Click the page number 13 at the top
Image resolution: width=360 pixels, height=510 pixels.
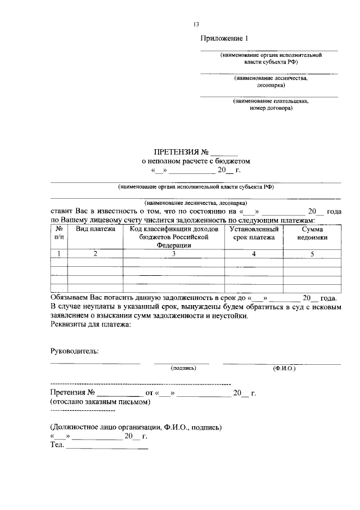pyautogui.click(x=196, y=24)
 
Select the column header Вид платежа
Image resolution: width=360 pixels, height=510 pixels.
pyautogui.click(x=96, y=229)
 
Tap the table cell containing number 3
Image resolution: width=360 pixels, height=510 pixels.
pyautogui.click(x=174, y=254)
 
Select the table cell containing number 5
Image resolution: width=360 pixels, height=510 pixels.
pyautogui.click(x=312, y=254)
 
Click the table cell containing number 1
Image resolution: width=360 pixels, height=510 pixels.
pyautogui.click(x=58, y=254)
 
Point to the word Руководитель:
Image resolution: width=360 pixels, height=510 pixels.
pyautogui.click(x=74, y=351)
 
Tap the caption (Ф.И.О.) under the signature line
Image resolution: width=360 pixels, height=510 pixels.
pyautogui.click(x=284, y=368)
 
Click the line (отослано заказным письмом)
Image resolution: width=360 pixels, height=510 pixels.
pyautogui.click(x=100, y=402)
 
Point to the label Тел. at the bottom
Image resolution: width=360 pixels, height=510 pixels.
pyautogui.click(x=57, y=446)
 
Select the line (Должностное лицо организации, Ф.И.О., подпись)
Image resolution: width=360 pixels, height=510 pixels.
pyautogui.click(x=135, y=427)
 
